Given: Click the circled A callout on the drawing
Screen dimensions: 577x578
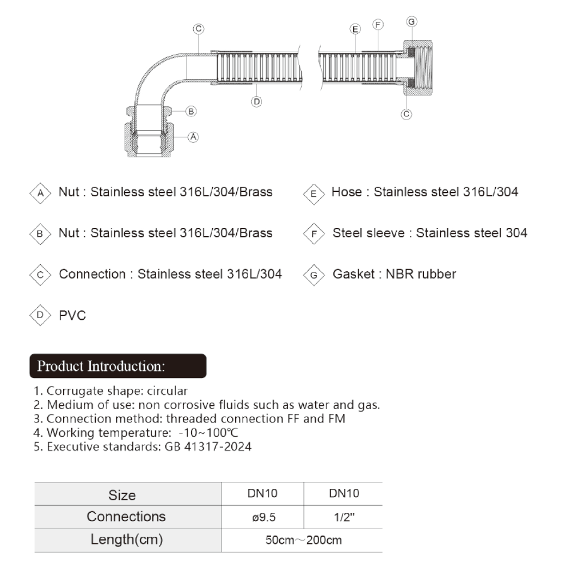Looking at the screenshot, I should coord(193,137).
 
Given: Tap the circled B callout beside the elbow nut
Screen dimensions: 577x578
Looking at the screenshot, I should coord(191,111).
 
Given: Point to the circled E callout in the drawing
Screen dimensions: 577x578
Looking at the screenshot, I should coord(355,29).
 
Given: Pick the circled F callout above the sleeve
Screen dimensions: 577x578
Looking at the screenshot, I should coord(378,25).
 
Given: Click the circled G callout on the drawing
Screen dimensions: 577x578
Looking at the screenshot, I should coord(412,22).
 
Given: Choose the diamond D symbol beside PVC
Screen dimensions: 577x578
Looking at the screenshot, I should coord(39,315).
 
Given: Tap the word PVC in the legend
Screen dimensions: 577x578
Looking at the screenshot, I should coord(72,315).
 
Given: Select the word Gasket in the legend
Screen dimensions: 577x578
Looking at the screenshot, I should coord(351,274).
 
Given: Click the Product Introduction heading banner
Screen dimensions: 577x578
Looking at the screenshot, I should coord(117,365).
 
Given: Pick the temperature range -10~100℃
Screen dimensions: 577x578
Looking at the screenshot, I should coord(208,433).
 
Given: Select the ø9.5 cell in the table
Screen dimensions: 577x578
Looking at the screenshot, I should coord(263,518).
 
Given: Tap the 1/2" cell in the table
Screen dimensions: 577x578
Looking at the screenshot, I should coord(343,518).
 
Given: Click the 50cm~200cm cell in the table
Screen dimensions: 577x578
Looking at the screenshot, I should coord(303,541).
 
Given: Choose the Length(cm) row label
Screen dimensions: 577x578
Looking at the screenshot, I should coord(127,541).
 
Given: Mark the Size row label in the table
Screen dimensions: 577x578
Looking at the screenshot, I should coord(122,495).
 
